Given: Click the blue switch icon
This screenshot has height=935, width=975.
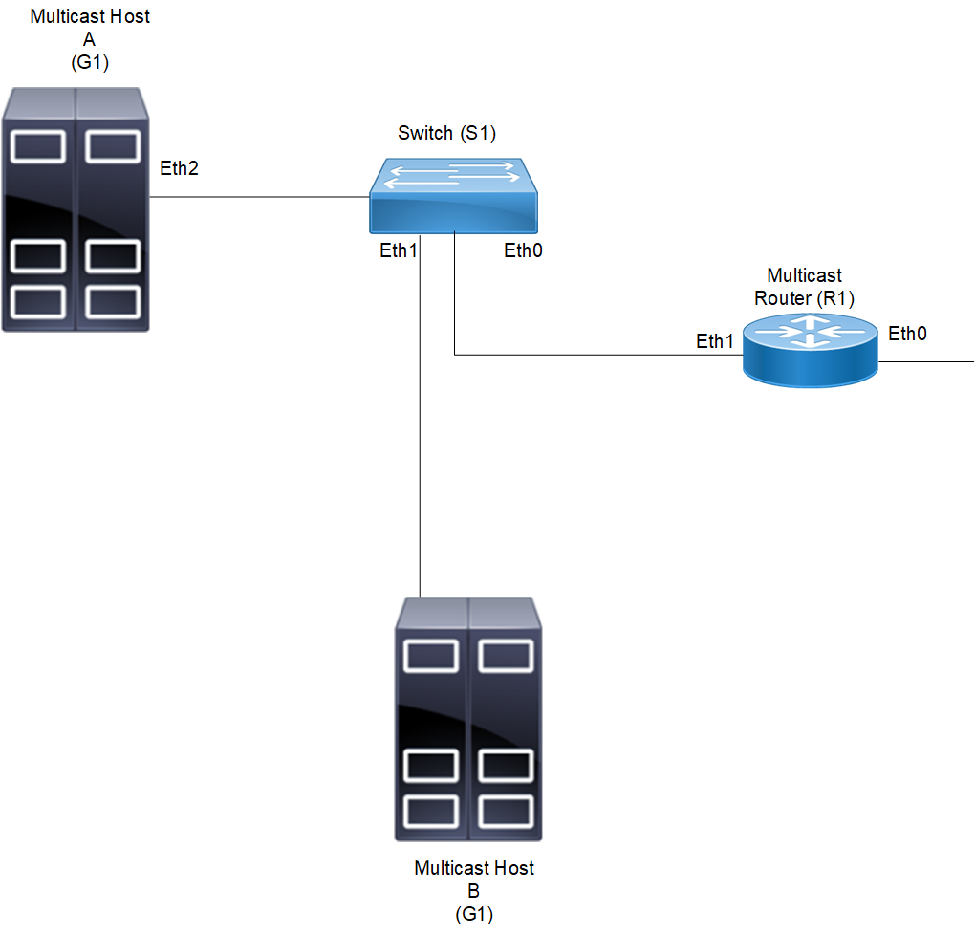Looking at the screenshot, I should pyautogui.click(x=454, y=196).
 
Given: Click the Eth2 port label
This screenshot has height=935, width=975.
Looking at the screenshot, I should pyautogui.click(x=180, y=169).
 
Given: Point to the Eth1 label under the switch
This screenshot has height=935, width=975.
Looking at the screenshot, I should pyautogui.click(x=399, y=251).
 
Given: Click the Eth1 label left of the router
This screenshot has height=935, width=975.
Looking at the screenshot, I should pyautogui.click(x=715, y=341).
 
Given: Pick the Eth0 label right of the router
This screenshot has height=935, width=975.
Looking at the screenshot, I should pyautogui.click(x=907, y=334).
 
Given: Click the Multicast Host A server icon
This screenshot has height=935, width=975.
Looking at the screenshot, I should pyautogui.click(x=76, y=209).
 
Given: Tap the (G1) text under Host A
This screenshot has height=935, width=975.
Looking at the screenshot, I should pyautogui.click(x=90, y=62).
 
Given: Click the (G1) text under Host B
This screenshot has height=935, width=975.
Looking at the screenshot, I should pyautogui.click(x=474, y=914).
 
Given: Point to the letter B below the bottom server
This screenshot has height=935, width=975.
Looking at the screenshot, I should pyautogui.click(x=474, y=891).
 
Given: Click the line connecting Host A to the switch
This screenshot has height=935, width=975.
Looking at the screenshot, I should pyautogui.click(x=258, y=198).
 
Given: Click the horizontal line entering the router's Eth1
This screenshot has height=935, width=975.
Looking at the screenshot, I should pyautogui.click(x=593, y=356).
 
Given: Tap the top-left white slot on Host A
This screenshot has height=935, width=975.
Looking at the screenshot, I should pyautogui.click(x=37, y=146).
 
